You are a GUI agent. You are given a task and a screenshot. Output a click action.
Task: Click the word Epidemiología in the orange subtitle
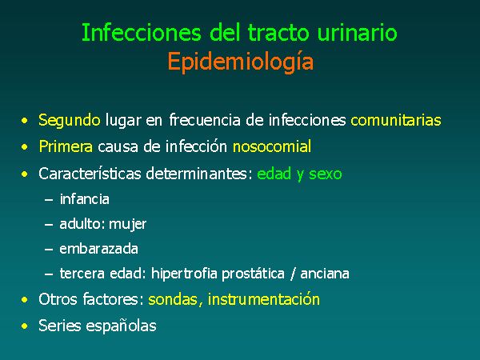tap(241, 62)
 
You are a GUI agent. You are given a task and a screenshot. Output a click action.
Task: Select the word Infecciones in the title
tap(142, 33)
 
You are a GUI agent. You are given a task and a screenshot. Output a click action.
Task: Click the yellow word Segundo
tap(69, 121)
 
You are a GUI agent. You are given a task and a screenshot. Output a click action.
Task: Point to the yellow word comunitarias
tap(396, 120)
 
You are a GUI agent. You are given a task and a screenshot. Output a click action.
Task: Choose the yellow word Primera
tap(66, 146)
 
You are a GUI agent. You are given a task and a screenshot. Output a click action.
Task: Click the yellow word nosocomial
tap(272, 146)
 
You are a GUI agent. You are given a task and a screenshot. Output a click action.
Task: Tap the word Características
tap(90, 174)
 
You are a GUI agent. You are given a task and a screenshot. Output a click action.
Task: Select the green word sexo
tap(325, 174)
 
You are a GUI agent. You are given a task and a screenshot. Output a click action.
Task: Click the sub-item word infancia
tap(85, 199)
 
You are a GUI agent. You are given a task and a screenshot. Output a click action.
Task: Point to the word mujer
tap(128, 224)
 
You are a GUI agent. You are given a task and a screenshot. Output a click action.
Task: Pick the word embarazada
tap(98, 249)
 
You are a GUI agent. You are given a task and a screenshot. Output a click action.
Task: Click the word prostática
tap(253, 274)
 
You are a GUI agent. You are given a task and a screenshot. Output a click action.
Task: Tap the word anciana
tap(325, 274)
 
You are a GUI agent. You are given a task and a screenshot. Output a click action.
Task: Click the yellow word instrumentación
tap(263, 299)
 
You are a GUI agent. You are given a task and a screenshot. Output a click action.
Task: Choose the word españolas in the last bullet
tap(122, 326)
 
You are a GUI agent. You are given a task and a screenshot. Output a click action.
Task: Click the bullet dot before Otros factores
tap(25, 299)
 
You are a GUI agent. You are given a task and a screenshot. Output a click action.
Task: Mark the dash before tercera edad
tap(49, 274)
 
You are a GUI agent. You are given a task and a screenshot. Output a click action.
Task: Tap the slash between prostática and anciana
tap(293, 274)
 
